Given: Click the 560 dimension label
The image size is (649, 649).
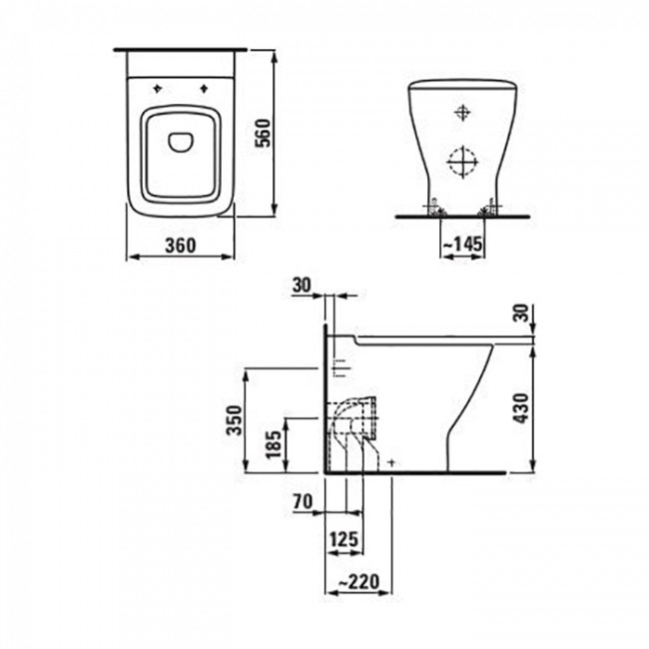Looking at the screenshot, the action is (263, 133).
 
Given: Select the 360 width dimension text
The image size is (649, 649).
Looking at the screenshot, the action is (181, 246).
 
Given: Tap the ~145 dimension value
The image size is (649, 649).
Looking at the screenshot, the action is (463, 245).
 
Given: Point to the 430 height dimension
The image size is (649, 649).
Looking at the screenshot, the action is (521, 408).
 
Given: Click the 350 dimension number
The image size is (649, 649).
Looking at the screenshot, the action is (235, 420).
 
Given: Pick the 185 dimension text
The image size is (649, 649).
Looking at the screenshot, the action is (274, 445).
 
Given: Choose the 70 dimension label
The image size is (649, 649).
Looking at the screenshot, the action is (303, 502).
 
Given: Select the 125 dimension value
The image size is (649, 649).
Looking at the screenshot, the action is (343, 539).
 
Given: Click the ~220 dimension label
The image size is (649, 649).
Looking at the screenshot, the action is (358, 582).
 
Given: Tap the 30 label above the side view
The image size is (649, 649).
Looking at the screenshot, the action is (302, 286).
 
